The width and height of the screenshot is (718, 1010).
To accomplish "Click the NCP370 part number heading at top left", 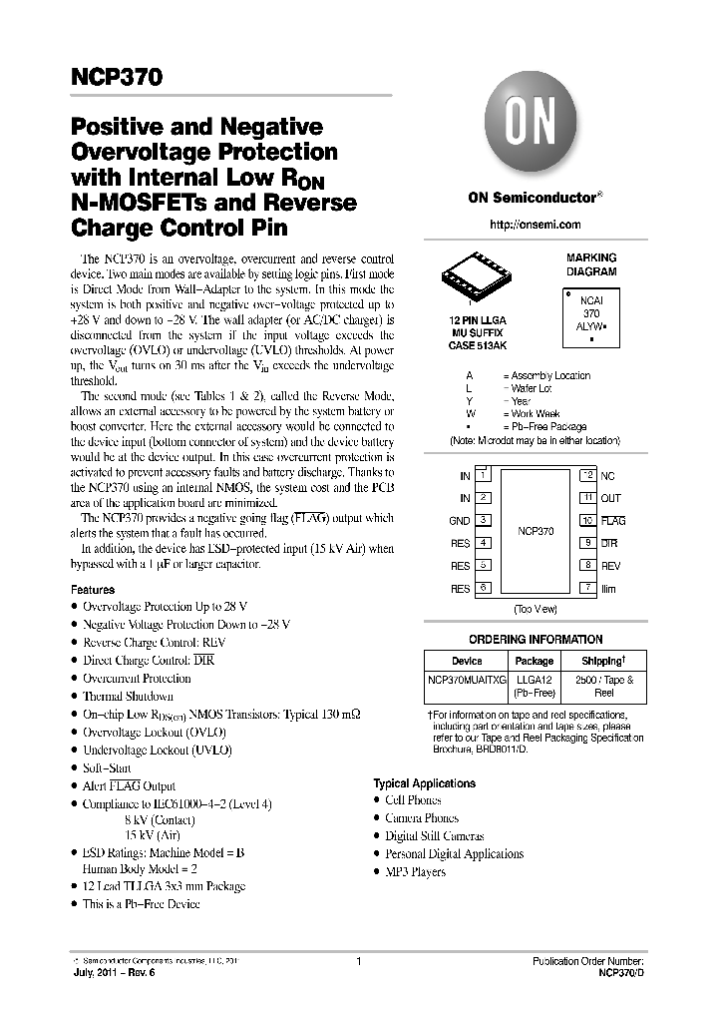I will click(x=116, y=77).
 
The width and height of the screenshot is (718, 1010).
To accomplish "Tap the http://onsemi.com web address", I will click(x=536, y=225).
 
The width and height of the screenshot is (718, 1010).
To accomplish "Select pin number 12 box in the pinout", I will click(x=588, y=475).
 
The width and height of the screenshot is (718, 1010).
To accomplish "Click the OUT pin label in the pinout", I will click(x=610, y=498).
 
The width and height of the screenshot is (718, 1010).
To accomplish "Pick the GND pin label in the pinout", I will click(x=459, y=521).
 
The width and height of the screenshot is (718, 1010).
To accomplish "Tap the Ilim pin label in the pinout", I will click(x=608, y=589).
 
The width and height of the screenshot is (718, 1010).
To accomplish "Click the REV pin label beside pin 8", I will click(x=610, y=566).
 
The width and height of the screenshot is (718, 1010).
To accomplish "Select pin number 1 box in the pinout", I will click(x=483, y=475).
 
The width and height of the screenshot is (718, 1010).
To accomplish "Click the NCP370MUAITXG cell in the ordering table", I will click(x=466, y=679).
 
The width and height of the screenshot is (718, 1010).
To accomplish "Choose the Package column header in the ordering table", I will click(x=534, y=661).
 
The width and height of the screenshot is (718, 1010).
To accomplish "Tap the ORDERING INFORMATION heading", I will click(x=536, y=640).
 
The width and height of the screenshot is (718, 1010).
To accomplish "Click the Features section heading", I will click(x=93, y=590).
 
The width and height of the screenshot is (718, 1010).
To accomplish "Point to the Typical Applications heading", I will click(x=424, y=783).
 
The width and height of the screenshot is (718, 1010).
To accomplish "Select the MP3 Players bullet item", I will click(x=415, y=872).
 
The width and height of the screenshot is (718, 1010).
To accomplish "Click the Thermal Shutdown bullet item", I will click(x=128, y=697).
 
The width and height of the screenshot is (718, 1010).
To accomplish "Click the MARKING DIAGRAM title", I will click(x=591, y=264).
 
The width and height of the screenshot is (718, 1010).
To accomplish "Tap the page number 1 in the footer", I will click(x=357, y=962).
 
